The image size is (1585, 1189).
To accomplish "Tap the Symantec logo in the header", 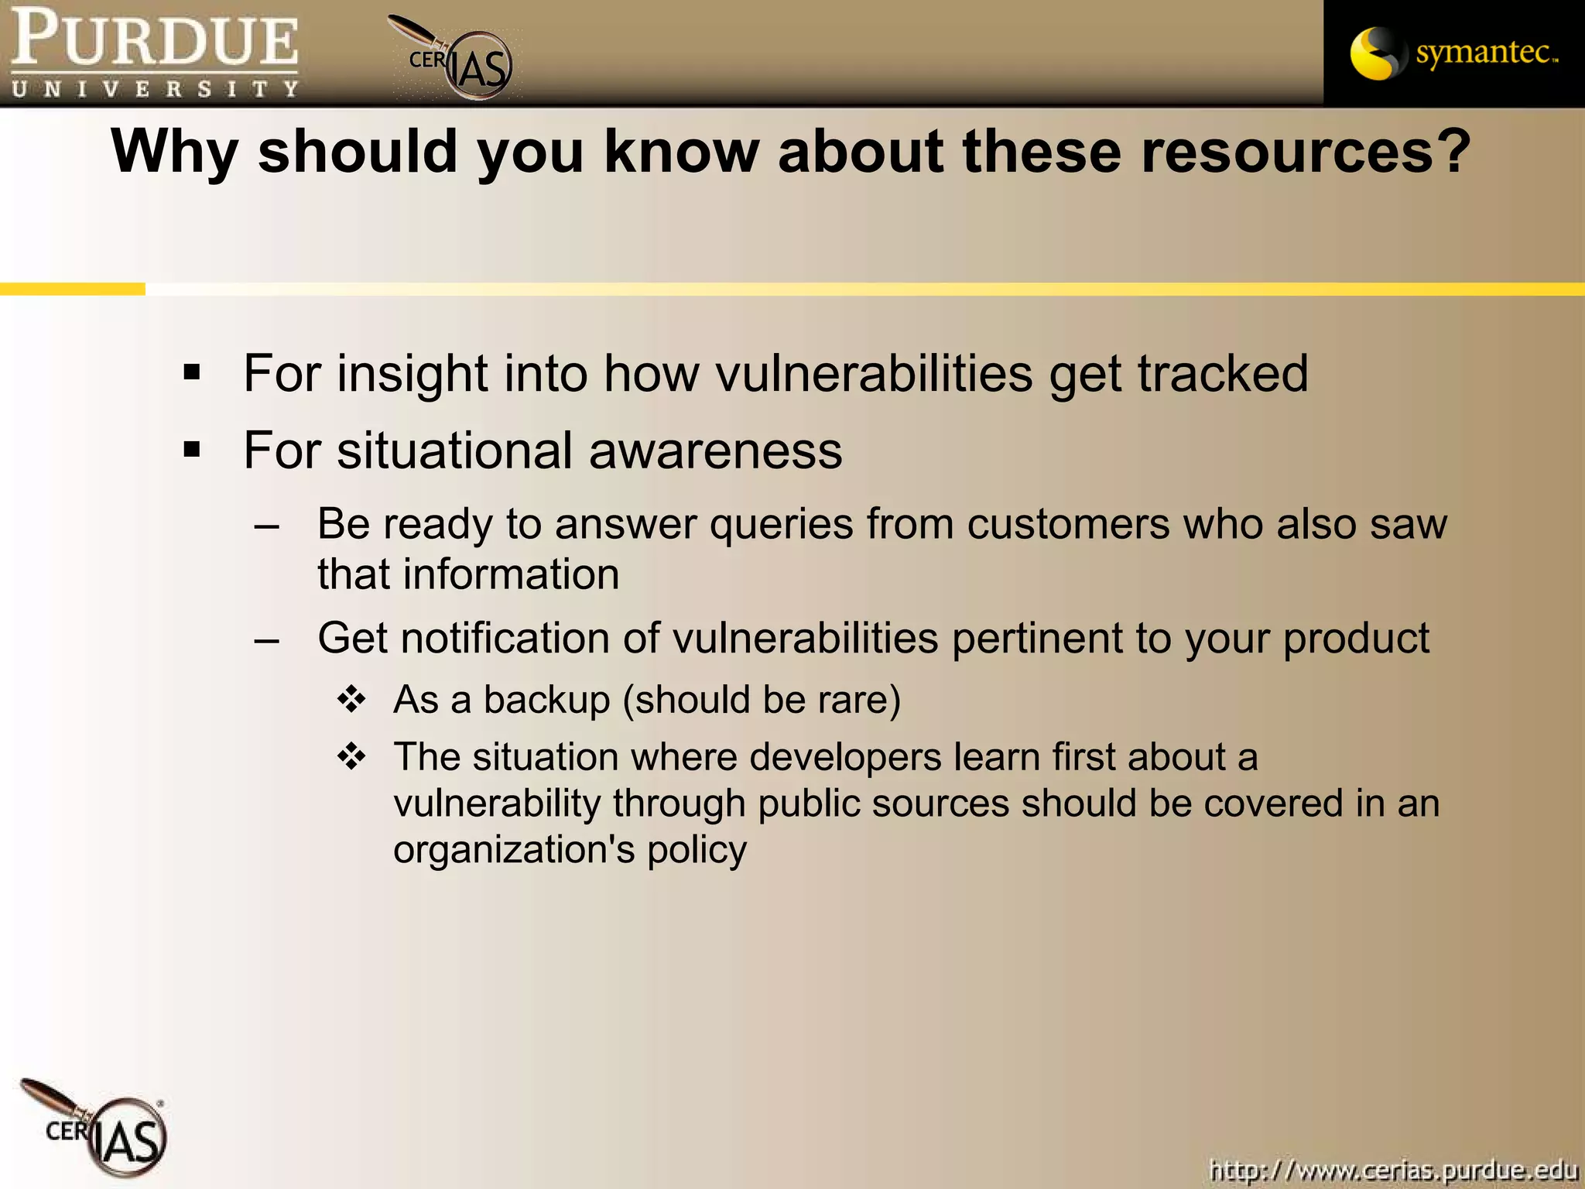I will (x=1453, y=53).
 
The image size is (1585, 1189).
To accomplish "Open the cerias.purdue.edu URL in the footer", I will (x=1392, y=1169).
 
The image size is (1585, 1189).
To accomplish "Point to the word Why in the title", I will (x=174, y=152).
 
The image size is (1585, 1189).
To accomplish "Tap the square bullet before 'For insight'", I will (x=192, y=374).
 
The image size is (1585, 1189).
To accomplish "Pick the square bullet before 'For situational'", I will (x=192, y=450).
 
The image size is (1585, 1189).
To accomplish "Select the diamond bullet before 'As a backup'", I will (x=351, y=699).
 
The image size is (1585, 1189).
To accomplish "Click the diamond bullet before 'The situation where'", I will (x=351, y=756).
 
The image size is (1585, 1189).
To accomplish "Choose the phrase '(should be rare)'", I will (x=762, y=700).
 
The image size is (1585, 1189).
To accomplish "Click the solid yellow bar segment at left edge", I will (x=72, y=289).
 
